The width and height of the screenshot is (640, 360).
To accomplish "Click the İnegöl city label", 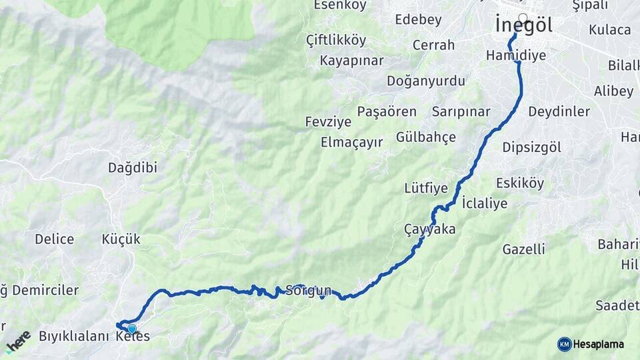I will click(525, 25).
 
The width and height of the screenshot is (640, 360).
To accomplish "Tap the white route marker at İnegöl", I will click(523, 18).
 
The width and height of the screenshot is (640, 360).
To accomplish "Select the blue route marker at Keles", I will click(132, 329).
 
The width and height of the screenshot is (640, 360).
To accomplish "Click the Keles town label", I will click(133, 337).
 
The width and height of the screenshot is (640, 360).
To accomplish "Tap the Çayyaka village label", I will click(429, 229).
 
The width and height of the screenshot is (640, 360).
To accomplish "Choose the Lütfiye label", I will click(426, 188).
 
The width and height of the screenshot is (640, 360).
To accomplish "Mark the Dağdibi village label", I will click(133, 168).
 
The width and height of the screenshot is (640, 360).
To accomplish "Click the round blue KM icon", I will click(564, 344).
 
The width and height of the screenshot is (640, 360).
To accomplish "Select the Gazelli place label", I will click(523, 249).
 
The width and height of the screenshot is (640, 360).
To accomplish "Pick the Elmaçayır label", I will click(352, 142).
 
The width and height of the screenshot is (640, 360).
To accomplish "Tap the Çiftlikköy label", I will click(336, 40).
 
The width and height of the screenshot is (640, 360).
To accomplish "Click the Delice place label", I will click(55, 239).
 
